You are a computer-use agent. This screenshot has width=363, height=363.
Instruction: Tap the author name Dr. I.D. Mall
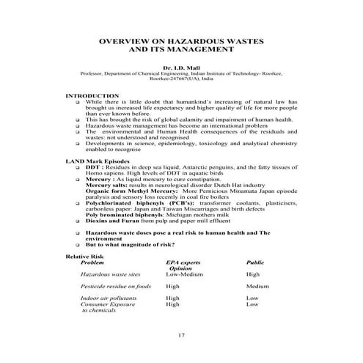tap(181, 67)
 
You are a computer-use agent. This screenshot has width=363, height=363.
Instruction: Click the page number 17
tap(181, 336)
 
